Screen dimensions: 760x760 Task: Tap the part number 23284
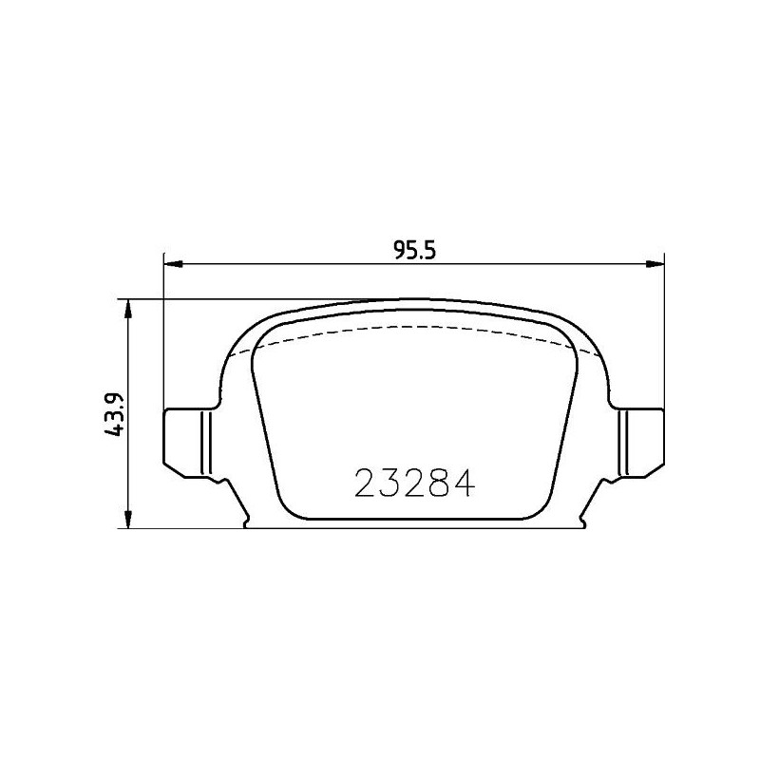click(x=414, y=484)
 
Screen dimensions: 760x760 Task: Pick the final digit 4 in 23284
click(x=462, y=484)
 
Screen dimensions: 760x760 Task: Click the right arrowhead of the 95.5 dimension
click(x=655, y=264)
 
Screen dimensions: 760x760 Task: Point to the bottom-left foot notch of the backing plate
click(x=245, y=522)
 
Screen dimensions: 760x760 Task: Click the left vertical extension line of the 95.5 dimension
click(x=165, y=332)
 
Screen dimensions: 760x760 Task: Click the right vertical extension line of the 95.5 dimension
click(x=663, y=332)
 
